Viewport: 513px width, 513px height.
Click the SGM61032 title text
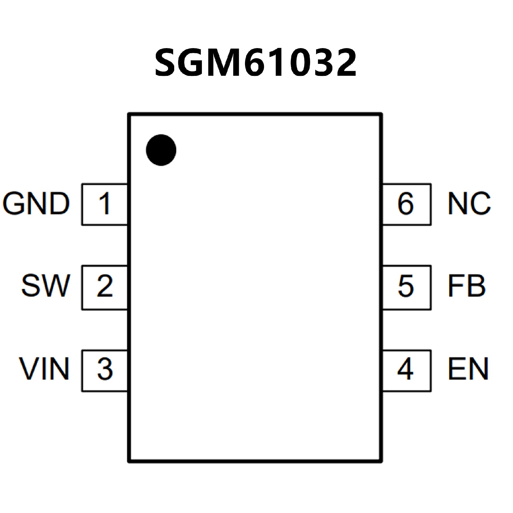[x=255, y=63]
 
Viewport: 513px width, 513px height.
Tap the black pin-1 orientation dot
[x=161, y=150]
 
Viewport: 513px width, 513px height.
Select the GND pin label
[x=36, y=204]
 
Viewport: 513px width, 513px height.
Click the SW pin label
[x=46, y=286]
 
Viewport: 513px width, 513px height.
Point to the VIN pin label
[x=44, y=369]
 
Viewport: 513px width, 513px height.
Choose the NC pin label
[x=469, y=204]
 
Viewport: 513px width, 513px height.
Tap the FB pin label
[x=466, y=286]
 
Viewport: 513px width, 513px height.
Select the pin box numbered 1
[x=104, y=204]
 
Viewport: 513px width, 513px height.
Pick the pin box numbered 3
[x=104, y=370]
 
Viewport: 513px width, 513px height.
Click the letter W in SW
[x=57, y=286]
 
